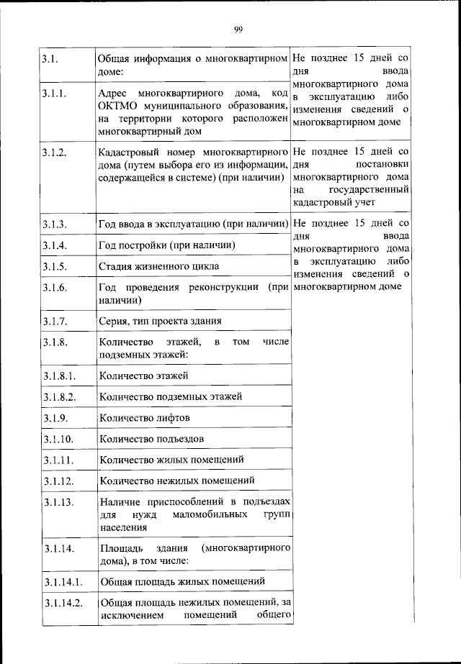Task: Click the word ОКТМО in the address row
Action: [x=118, y=107]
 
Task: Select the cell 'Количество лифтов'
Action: [x=145, y=417]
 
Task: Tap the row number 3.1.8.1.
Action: [x=60, y=376]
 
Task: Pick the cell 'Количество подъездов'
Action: [x=152, y=438]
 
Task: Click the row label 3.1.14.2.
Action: [x=63, y=602]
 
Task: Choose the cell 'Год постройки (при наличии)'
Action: [x=167, y=246]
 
